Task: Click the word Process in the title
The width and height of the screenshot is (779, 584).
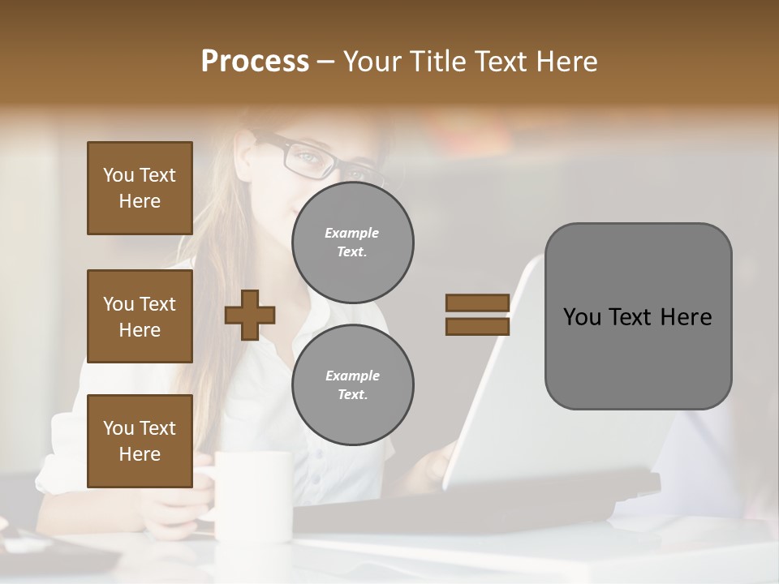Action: pyautogui.click(x=255, y=62)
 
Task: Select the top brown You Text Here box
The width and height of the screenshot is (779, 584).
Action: pyautogui.click(x=140, y=188)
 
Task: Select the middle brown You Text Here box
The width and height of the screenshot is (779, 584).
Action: pyautogui.click(x=140, y=316)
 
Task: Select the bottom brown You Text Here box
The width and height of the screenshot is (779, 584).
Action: pyautogui.click(x=140, y=441)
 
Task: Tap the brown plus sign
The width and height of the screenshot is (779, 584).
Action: pyautogui.click(x=250, y=314)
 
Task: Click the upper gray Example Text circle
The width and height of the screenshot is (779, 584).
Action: pyautogui.click(x=352, y=243)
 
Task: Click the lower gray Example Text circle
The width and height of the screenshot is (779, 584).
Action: pyautogui.click(x=352, y=385)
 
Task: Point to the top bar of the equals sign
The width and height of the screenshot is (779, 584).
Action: pyautogui.click(x=477, y=303)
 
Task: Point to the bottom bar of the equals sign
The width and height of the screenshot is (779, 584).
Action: pyautogui.click(x=477, y=326)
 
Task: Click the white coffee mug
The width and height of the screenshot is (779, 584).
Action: pyautogui.click(x=253, y=495)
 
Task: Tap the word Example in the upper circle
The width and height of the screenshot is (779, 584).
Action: pyautogui.click(x=352, y=233)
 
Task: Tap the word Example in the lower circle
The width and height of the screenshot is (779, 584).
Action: pyautogui.click(x=352, y=376)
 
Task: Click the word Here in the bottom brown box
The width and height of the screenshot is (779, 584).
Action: pyautogui.click(x=140, y=454)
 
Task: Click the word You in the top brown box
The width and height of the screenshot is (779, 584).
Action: pyautogui.click(x=118, y=175)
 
